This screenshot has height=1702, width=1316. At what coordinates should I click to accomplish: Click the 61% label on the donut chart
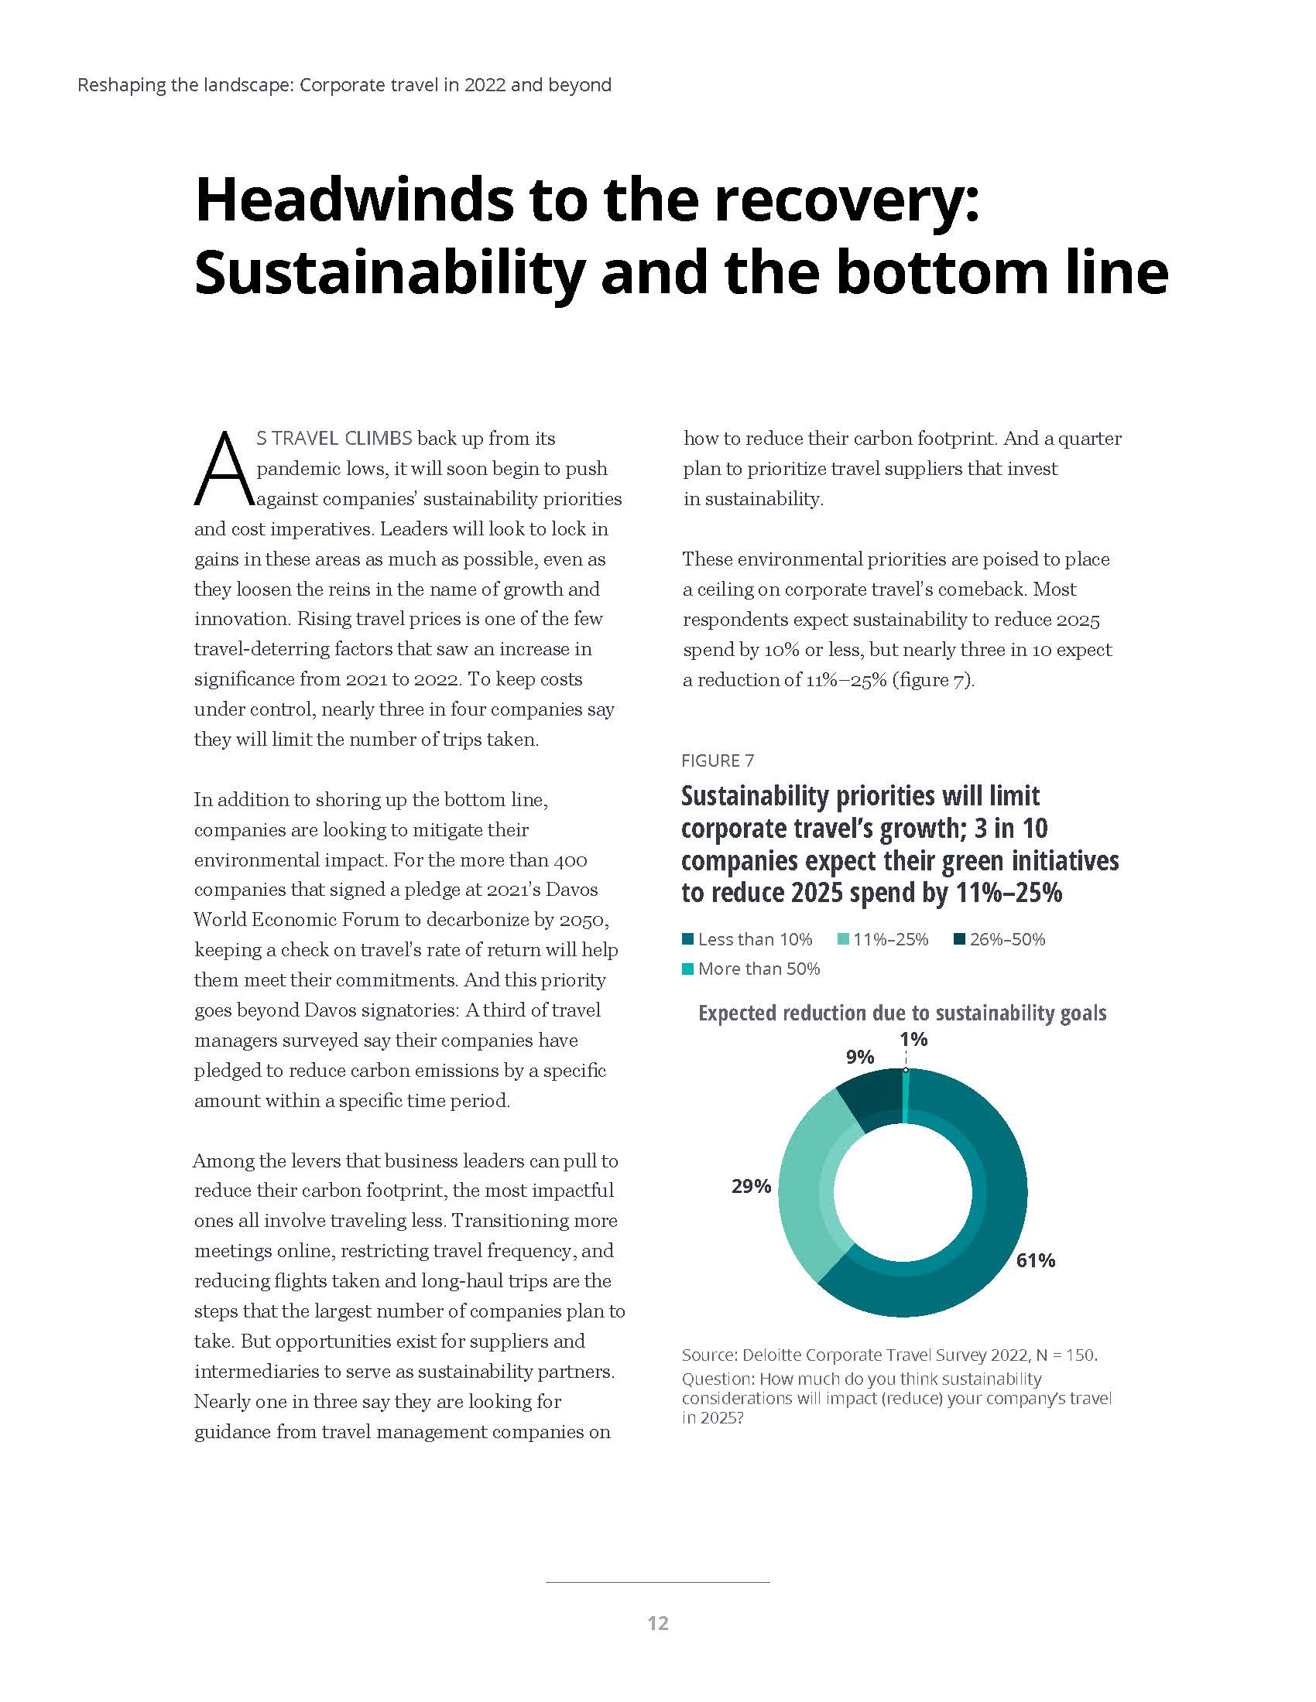[1034, 1260]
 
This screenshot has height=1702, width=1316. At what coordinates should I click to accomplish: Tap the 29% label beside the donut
[751, 1186]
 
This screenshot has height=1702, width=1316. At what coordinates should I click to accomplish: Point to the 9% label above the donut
[860, 1057]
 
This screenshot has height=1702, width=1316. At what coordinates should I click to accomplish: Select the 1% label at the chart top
[913, 1039]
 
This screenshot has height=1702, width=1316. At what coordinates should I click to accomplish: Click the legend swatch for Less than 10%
[687, 939]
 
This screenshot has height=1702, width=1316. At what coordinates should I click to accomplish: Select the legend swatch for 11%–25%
[843, 939]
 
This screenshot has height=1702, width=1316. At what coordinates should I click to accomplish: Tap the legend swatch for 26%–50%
[960, 939]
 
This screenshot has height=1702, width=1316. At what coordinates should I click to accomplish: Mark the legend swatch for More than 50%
[687, 969]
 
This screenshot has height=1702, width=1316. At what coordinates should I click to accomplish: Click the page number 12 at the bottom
[658, 1623]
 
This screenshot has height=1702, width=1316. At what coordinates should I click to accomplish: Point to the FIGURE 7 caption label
[718, 760]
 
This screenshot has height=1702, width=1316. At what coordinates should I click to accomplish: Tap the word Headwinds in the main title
[353, 200]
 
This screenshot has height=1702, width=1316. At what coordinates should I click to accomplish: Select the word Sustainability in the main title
[389, 272]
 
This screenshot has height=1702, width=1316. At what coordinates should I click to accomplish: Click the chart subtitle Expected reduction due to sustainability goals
[902, 1013]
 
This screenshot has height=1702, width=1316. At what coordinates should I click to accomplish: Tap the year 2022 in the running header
[484, 85]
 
